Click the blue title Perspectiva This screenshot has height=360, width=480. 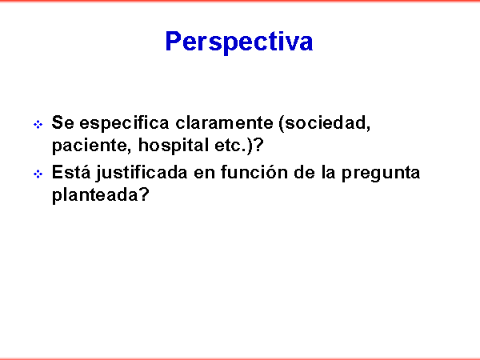click(239, 42)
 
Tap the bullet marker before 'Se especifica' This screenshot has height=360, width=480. click(38, 125)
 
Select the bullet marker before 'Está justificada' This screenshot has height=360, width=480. click(38, 174)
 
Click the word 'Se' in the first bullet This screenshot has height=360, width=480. click(62, 122)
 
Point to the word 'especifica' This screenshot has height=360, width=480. click(124, 123)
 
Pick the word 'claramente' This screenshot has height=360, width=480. click(224, 123)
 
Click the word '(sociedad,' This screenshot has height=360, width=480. click(325, 123)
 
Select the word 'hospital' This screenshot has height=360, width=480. click(174, 146)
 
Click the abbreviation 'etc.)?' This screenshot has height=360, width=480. click(239, 146)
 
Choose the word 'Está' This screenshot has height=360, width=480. click(71, 172)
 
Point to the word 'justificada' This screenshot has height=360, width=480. click(142, 173)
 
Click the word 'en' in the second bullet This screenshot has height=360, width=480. click(204, 174)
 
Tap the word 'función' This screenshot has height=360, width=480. click(254, 172)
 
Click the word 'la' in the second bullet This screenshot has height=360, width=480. click(328, 172)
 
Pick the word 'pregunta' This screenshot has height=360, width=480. click(381, 174)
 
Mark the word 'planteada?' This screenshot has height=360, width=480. click(101, 195)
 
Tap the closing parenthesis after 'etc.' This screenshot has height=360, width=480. click(250, 146)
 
